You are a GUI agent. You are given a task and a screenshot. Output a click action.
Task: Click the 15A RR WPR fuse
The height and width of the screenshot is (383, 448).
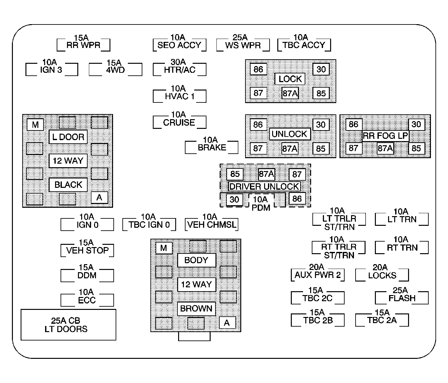coord(83,45)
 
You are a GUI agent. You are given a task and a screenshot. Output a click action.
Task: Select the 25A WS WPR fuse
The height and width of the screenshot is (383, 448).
coord(243,45)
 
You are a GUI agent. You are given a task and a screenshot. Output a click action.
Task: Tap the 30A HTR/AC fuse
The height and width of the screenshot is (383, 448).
coord(179,69)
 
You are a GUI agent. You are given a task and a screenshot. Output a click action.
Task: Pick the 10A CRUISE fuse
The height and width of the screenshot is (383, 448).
coord(179,122)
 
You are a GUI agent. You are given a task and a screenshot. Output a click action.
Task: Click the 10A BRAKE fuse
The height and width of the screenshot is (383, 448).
coord(212,147)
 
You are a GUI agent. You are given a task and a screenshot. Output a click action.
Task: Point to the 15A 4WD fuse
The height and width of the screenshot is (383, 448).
coord(115,70)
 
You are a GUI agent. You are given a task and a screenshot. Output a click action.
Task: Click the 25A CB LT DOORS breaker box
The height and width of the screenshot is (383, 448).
coord(68,325)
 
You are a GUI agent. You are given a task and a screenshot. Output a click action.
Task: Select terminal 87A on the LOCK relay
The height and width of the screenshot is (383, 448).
coord(290,93)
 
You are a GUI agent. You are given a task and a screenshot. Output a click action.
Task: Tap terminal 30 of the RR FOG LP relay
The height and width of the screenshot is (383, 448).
coord(416,124)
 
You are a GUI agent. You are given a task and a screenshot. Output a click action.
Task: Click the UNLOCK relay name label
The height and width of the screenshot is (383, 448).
coord(290,134)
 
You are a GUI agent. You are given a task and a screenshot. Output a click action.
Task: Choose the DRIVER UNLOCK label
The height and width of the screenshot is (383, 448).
coord(264,187)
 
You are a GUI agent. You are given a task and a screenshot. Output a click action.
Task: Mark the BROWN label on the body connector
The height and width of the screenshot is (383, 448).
coord(196,309)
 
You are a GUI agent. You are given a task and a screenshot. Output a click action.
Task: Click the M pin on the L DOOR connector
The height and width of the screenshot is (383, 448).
coord(35,125)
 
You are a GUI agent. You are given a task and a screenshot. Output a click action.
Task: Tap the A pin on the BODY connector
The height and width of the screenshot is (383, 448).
coord(227,323)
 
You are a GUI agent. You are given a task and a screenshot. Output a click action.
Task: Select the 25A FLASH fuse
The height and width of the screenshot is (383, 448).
coord(402,298)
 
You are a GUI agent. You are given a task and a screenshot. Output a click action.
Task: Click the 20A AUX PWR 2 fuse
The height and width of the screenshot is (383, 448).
coord(318,275)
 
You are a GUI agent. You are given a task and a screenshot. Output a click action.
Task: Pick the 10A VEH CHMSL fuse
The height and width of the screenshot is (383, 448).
coord(212,225)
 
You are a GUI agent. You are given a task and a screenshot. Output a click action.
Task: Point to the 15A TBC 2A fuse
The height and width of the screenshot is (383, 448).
coord(382,320)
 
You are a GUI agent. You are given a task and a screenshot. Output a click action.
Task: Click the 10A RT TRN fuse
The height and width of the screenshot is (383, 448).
coord(402,248)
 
